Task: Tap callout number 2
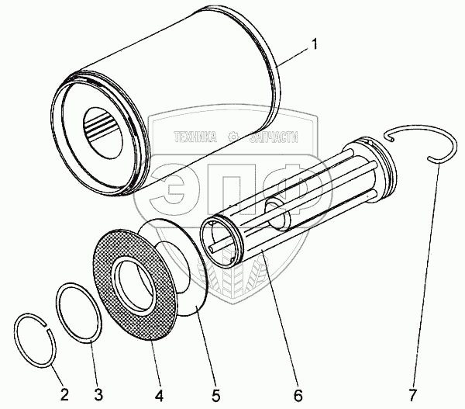coord(64,395)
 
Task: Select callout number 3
coord(98,395)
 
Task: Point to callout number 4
coord(159,395)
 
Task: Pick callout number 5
coord(215,395)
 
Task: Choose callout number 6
coord(298,395)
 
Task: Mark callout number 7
coord(412,395)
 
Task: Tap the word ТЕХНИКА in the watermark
coord(195,137)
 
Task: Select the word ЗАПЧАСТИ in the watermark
coord(274,137)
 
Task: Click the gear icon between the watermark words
coord(233,137)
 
